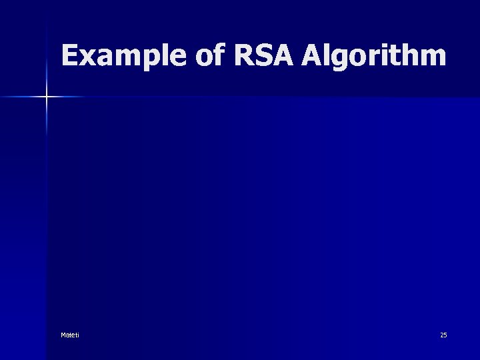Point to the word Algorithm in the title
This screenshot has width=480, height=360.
pos(373,57)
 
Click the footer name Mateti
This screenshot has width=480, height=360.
pos(69,335)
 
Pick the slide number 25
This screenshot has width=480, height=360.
pos(443,335)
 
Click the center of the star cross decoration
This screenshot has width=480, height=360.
pos(47,97)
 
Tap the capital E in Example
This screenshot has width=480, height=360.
pos(69,57)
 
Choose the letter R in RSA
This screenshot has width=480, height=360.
pos(245,57)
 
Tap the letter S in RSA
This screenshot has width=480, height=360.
pos(264,57)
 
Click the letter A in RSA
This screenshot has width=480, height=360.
pos(283,57)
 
